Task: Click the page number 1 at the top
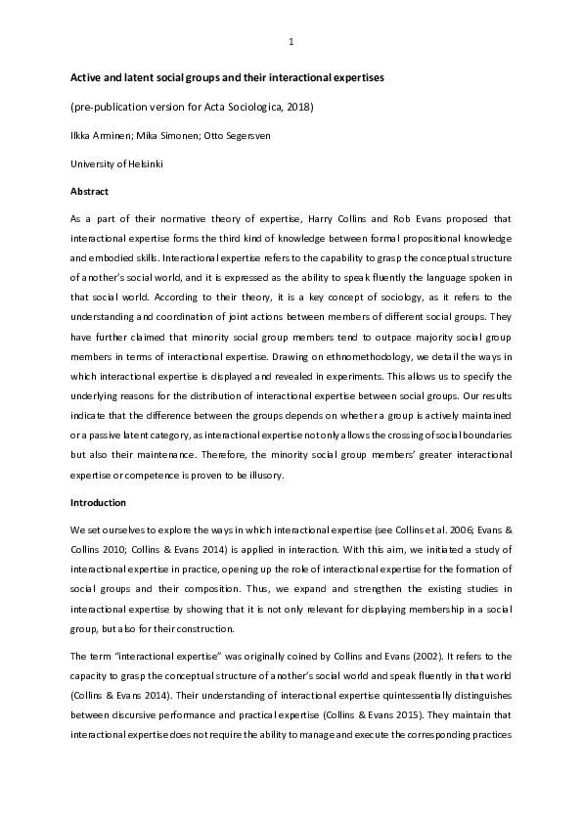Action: [291, 41]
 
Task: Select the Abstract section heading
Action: [89, 192]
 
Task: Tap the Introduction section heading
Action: [98, 502]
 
